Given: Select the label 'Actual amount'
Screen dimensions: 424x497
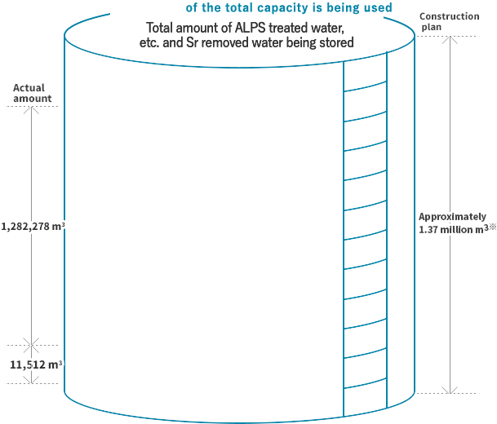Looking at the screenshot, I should click(x=32, y=93).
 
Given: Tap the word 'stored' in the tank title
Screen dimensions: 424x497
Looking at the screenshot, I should click(x=336, y=42).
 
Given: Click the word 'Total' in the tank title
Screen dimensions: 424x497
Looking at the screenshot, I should click(x=161, y=29).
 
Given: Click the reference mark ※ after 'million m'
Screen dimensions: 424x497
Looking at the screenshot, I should click(x=491, y=227).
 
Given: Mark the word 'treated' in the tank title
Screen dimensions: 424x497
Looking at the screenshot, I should click(x=293, y=29).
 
